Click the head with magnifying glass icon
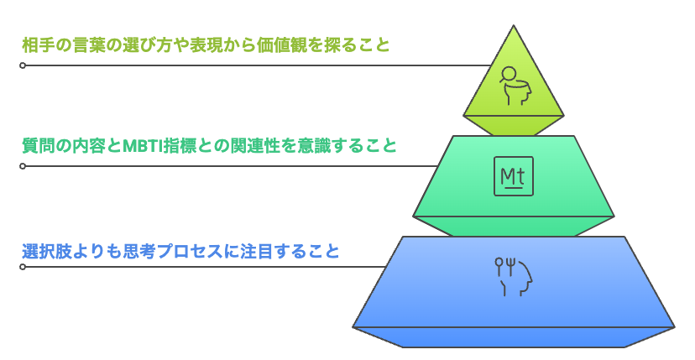pos(514,85)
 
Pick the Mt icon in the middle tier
pos(513,178)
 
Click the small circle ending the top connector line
pos(23,65)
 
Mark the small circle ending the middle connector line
pos(23,166)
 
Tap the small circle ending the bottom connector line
pos(23,267)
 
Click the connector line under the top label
pos(252,65)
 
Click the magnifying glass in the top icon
pos(506,75)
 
